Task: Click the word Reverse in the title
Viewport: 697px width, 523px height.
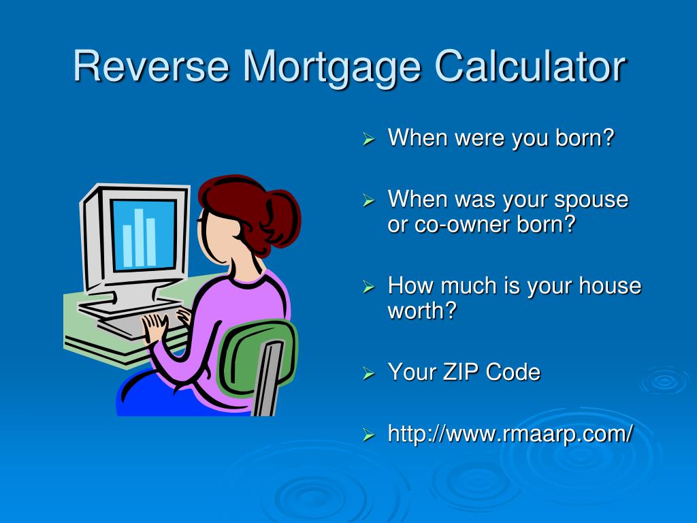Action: coord(151,66)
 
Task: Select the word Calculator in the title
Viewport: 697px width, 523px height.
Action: coord(530,66)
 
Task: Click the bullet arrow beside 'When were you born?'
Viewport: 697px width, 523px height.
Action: coord(368,139)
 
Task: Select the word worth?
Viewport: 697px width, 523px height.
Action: coord(422,310)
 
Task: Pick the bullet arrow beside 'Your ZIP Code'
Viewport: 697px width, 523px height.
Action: coord(368,373)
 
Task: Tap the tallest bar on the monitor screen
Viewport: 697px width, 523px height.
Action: coord(139,238)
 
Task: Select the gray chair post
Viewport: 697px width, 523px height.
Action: coord(268,378)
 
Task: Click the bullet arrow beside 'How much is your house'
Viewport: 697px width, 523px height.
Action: coord(368,287)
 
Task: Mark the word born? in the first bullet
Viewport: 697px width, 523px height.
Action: coord(585,138)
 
